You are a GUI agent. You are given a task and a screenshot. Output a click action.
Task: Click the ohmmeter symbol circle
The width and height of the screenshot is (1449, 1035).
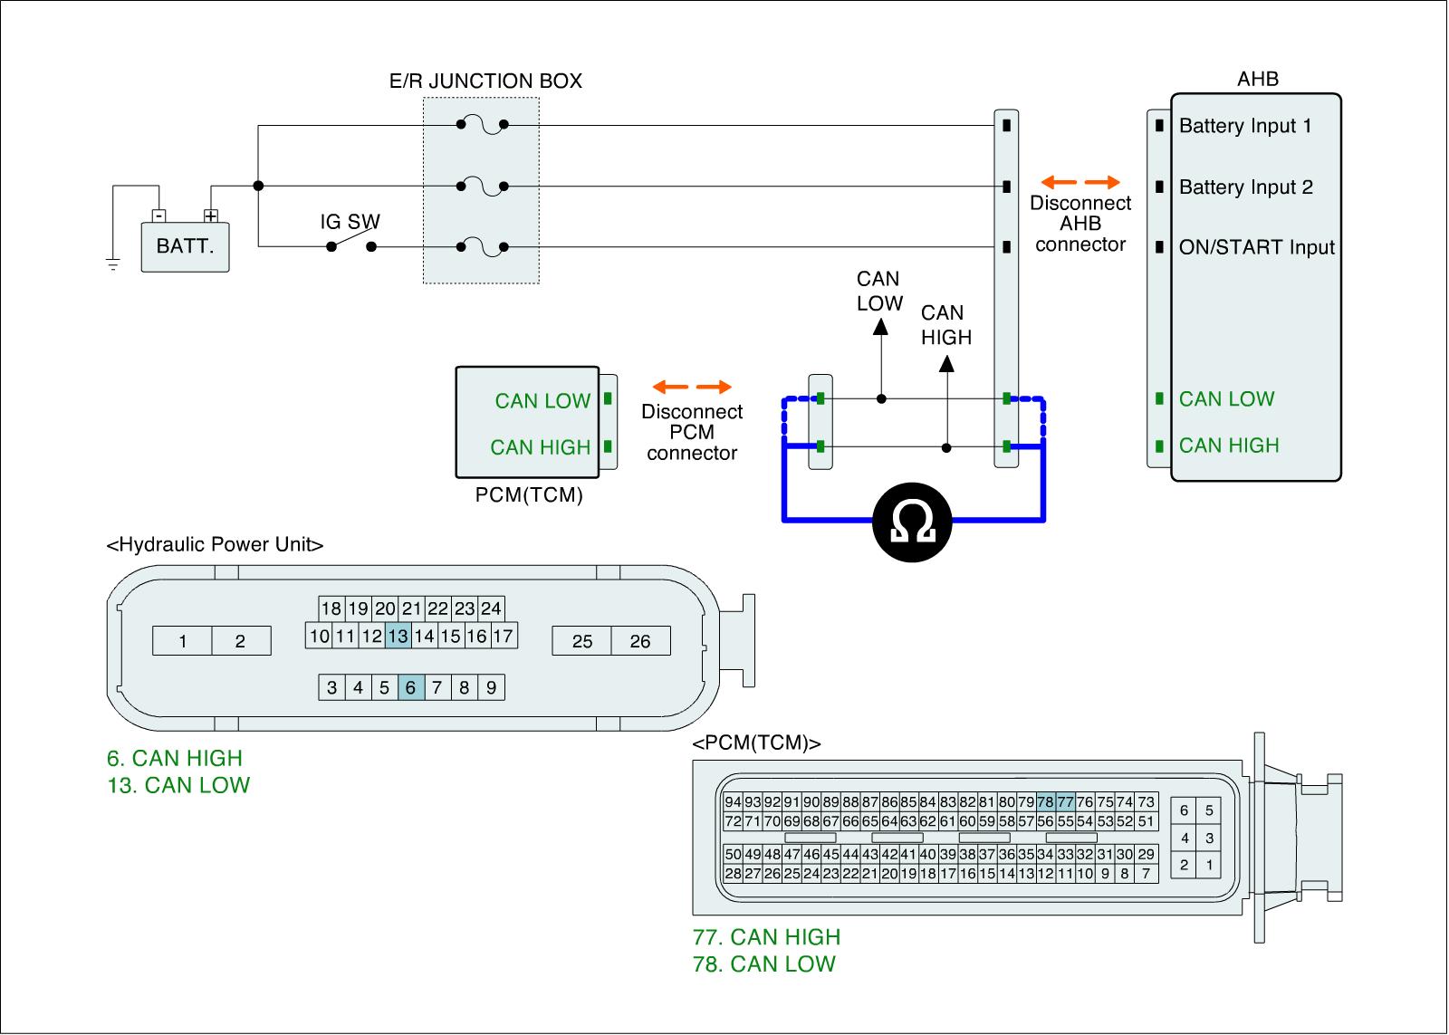point(912,522)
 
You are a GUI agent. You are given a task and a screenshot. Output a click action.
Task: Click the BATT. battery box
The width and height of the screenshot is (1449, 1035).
point(185,247)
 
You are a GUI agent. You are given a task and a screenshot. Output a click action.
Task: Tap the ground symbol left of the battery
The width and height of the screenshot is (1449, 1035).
point(113,264)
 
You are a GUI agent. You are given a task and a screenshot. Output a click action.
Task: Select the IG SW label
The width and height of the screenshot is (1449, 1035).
point(350,222)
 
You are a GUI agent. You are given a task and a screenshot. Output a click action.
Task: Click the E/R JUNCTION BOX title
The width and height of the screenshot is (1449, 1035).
point(485,81)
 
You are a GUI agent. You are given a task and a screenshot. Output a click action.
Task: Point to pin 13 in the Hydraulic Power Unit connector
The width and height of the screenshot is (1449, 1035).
point(398,636)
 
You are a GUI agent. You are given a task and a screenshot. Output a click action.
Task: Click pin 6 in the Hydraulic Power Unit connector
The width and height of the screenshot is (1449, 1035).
point(411,687)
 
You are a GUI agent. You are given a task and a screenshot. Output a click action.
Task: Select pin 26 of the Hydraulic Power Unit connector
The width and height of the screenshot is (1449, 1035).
point(640,641)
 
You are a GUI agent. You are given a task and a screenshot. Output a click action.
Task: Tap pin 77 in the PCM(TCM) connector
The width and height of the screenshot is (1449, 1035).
point(1065,802)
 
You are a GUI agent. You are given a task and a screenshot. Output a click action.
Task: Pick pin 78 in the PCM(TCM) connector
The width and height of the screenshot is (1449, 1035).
point(1045,802)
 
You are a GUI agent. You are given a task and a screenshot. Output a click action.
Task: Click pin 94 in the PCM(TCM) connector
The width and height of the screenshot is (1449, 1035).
point(733,802)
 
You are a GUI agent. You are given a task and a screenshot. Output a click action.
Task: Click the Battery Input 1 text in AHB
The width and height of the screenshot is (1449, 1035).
point(1245,126)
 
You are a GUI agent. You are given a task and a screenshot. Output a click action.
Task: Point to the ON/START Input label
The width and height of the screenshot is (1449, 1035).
point(1257,247)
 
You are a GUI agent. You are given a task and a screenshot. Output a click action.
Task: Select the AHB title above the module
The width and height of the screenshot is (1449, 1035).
point(1258,79)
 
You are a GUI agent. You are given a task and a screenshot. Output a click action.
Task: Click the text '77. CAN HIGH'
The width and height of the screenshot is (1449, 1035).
point(766,937)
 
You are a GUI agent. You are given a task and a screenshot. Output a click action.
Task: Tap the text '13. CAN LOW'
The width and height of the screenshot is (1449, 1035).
point(178,785)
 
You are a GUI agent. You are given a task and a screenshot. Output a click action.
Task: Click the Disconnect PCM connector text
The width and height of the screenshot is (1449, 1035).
point(692,432)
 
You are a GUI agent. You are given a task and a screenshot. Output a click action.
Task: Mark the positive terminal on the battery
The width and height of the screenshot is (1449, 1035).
point(211,216)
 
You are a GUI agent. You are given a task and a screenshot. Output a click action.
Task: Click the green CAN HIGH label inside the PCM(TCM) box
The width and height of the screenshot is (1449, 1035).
point(540,447)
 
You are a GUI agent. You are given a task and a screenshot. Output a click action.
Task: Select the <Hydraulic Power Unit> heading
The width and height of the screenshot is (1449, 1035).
point(215,545)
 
